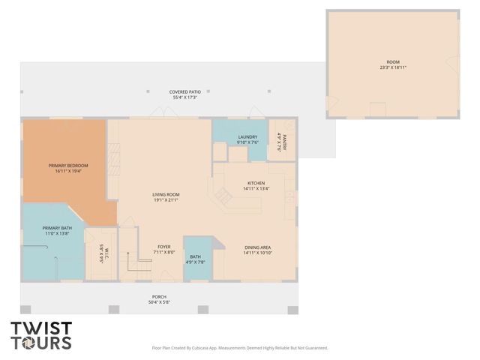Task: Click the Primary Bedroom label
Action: pos(68,165)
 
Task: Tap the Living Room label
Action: pos(166,194)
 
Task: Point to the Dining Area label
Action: pos(257,247)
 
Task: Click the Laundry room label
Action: pos(247,136)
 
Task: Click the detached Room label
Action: pos(394,62)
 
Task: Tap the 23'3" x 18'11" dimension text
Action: pos(394,68)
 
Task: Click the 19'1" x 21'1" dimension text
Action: pos(166,200)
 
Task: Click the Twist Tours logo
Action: pos(41,335)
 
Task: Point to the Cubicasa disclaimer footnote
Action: pos(240,348)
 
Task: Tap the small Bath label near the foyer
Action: pos(194,256)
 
